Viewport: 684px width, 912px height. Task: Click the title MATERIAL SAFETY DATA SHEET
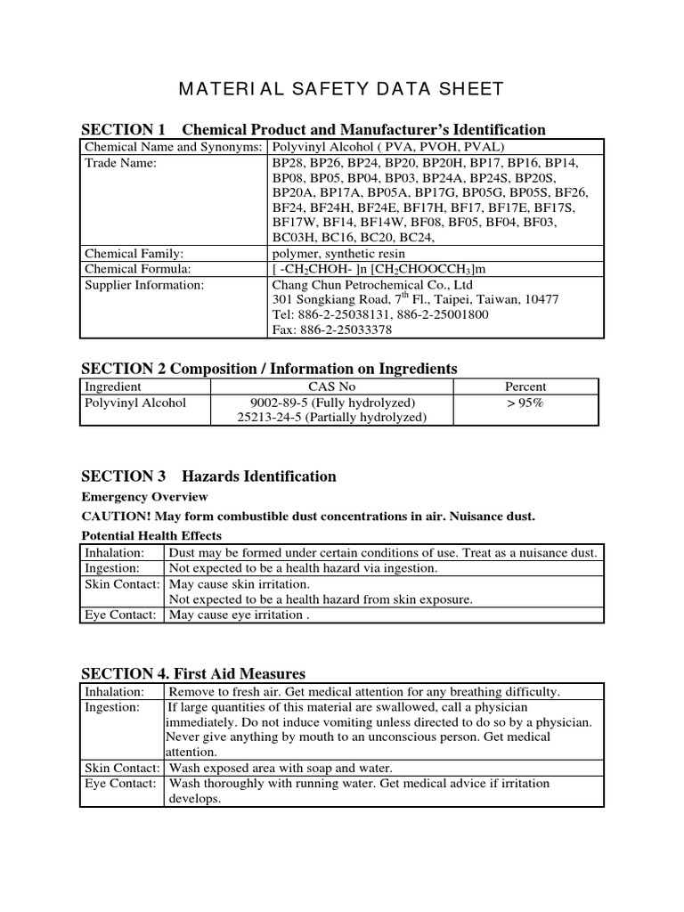click(342, 88)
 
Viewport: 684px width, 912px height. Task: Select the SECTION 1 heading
click(313, 129)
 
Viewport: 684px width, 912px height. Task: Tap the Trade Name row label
click(120, 163)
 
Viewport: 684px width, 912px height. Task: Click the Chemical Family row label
click(134, 254)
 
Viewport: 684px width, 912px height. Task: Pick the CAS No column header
click(332, 387)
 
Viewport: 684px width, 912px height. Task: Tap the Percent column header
click(525, 387)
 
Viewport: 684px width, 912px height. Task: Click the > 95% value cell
click(525, 403)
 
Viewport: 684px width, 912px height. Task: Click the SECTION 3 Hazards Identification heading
click(208, 476)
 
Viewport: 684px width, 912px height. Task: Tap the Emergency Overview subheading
click(144, 497)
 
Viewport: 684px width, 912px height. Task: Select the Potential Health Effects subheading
click(151, 536)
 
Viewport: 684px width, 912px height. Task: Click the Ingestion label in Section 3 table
click(112, 568)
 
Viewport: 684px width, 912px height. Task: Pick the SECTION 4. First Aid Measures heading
click(193, 673)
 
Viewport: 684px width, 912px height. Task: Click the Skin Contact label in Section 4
click(122, 768)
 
